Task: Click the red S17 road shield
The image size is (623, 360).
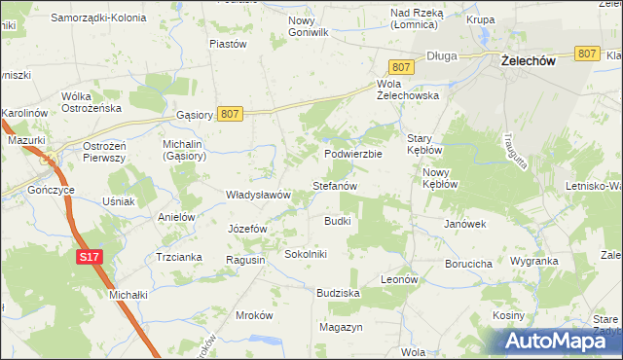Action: [x=89, y=257]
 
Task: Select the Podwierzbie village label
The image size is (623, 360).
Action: [x=353, y=154]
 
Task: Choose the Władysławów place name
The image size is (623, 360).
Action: [x=259, y=195]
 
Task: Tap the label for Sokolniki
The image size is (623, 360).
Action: [x=306, y=254]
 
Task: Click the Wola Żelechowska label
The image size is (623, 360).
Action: [x=408, y=90]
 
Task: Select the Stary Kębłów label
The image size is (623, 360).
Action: [x=425, y=145]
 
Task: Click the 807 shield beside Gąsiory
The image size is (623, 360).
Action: [x=230, y=114]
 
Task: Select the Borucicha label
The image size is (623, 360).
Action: [x=467, y=263]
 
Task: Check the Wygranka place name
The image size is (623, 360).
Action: [x=533, y=262]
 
